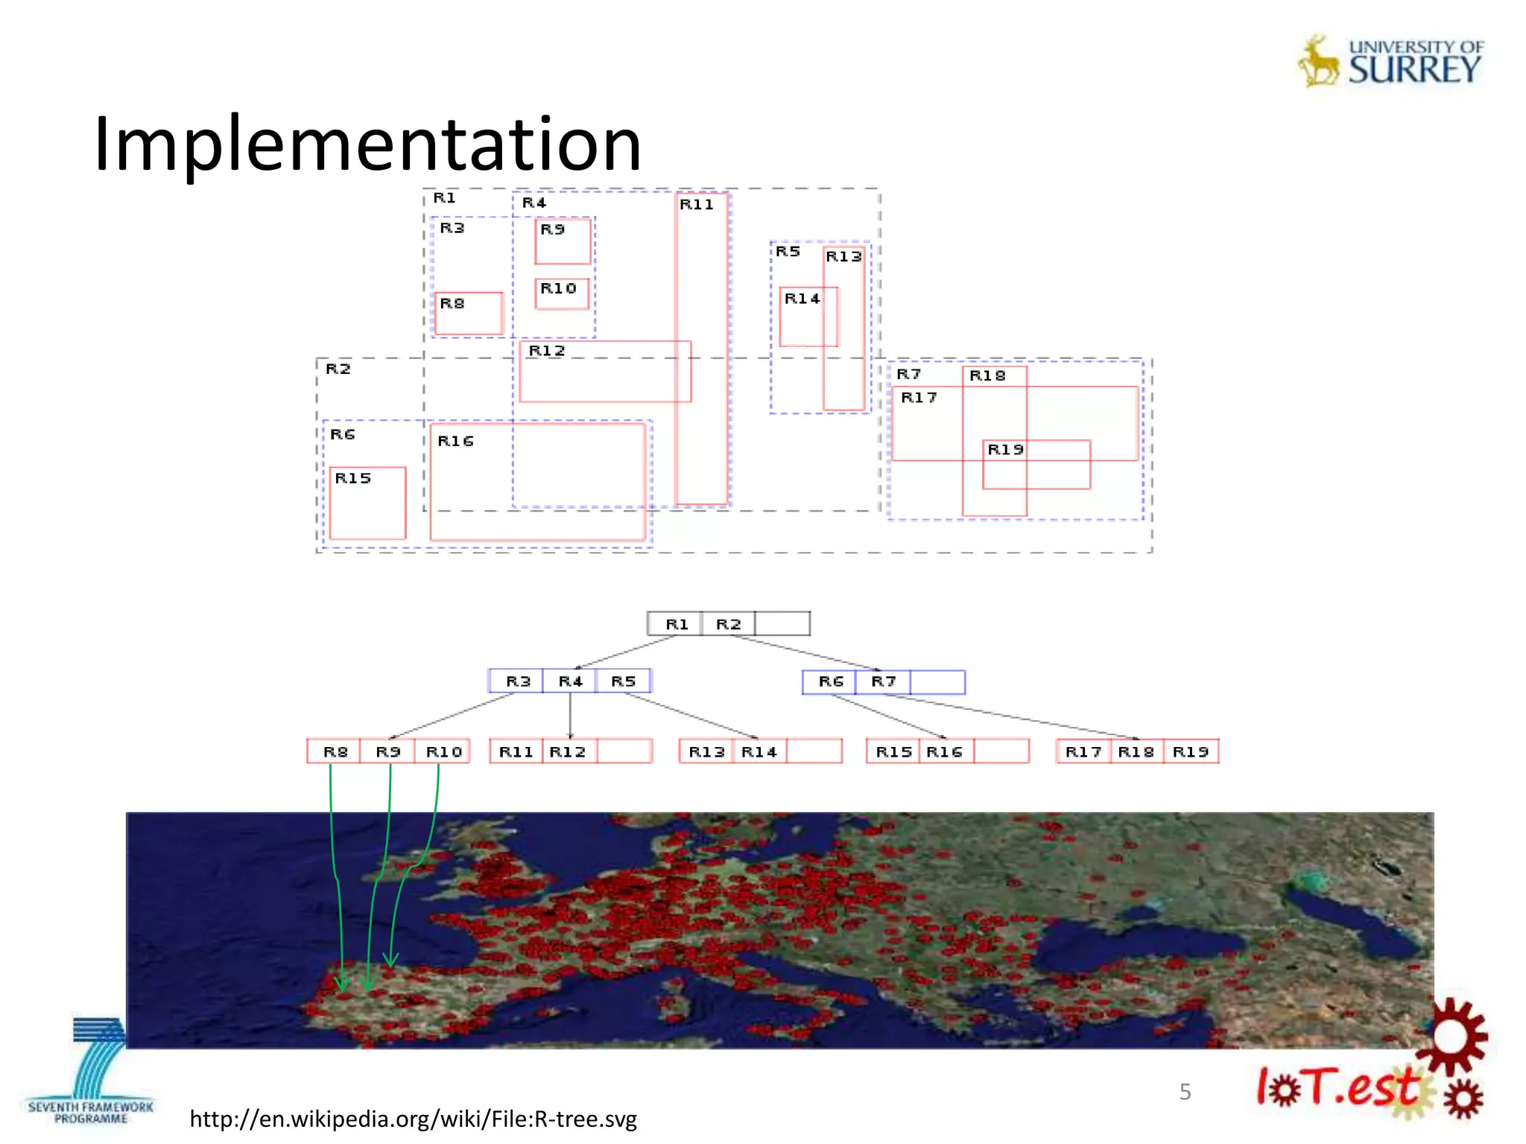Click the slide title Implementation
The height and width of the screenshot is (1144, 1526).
367,143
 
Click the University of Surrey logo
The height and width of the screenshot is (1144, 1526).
1391,63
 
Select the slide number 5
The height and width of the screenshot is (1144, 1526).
1185,1092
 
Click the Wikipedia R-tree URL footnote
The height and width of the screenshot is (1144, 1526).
413,1119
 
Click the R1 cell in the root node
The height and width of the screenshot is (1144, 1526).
676,624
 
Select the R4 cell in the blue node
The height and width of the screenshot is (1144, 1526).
570,681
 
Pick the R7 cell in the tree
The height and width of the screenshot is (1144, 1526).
883,681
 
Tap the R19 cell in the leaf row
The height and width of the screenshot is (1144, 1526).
1190,752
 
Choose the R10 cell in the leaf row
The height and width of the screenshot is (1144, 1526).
443,752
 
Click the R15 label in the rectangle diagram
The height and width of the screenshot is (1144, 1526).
352,478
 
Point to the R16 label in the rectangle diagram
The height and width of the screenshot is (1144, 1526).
455,441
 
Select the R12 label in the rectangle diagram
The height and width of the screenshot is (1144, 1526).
547,351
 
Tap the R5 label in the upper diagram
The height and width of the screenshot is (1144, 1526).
788,252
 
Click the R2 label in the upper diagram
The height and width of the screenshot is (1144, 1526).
338,369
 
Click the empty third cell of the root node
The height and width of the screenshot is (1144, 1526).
782,624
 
